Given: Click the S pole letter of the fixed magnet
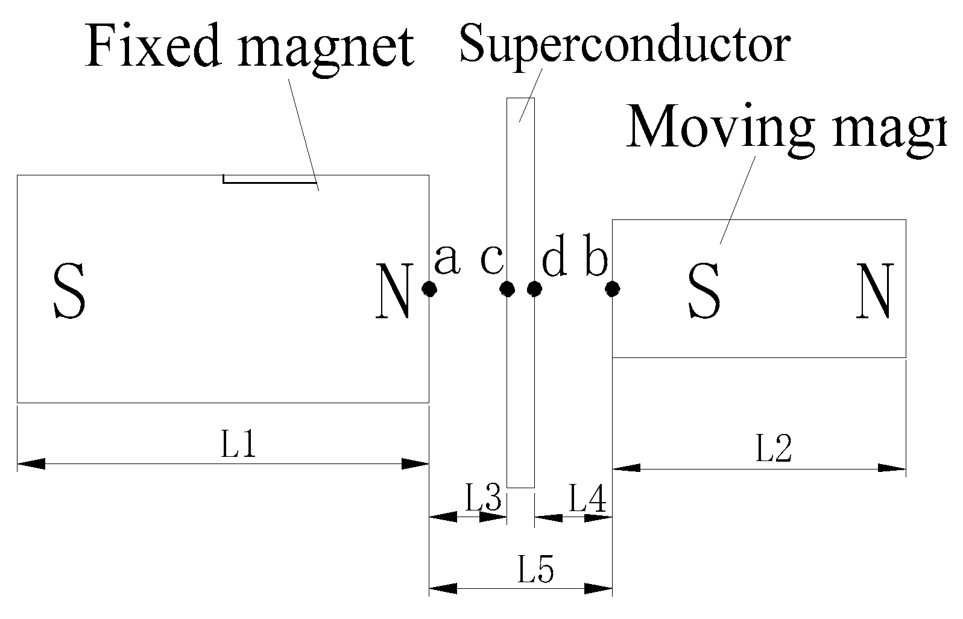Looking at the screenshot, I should point(69,291).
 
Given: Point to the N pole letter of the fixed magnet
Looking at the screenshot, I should point(394,291).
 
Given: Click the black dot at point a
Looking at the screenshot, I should point(429,289).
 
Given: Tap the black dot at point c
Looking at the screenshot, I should point(507,289).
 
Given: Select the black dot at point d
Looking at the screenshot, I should point(534,289).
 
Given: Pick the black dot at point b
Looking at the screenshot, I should point(613,290).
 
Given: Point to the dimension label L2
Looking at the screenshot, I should point(774,449).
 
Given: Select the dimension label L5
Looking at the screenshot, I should point(535,570).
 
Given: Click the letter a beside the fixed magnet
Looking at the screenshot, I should point(447,260).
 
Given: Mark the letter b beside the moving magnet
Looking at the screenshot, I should point(596,260).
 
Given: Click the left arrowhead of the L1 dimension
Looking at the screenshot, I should point(31,463).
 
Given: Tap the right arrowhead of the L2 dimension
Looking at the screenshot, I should point(892,468).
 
